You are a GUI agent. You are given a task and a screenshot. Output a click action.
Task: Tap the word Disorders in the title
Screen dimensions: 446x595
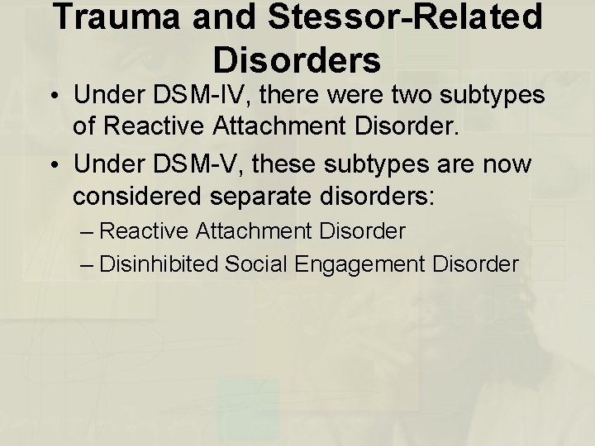coord(297,59)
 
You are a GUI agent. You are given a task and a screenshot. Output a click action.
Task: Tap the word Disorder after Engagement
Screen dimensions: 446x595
coord(474,264)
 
